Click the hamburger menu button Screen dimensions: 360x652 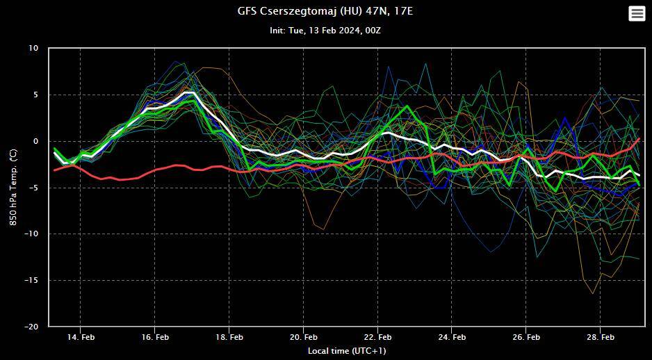click(x=636, y=13)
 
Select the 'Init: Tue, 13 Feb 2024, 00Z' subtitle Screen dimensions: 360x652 click(x=325, y=31)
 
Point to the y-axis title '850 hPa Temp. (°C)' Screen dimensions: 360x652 click(x=13, y=187)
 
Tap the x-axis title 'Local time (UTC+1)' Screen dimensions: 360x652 click(x=347, y=351)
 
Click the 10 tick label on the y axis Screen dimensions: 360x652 click(x=34, y=49)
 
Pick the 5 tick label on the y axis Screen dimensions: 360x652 click(x=36, y=95)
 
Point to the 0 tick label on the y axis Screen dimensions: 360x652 click(x=36, y=141)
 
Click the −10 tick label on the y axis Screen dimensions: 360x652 click(x=31, y=234)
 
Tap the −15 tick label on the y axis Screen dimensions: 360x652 click(x=31, y=280)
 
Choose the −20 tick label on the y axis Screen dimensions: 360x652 click(x=31, y=327)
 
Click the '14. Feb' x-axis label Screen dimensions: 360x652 click(x=80, y=337)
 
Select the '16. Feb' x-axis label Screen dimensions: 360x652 click(x=154, y=337)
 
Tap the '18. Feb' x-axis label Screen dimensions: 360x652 click(x=229, y=337)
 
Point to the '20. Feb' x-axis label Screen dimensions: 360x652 click(x=303, y=337)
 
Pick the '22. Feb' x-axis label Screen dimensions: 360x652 click(x=377, y=337)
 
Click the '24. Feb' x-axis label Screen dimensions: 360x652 click(x=452, y=337)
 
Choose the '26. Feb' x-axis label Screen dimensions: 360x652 click(x=526, y=337)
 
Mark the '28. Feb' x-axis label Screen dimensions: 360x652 click(x=600, y=337)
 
